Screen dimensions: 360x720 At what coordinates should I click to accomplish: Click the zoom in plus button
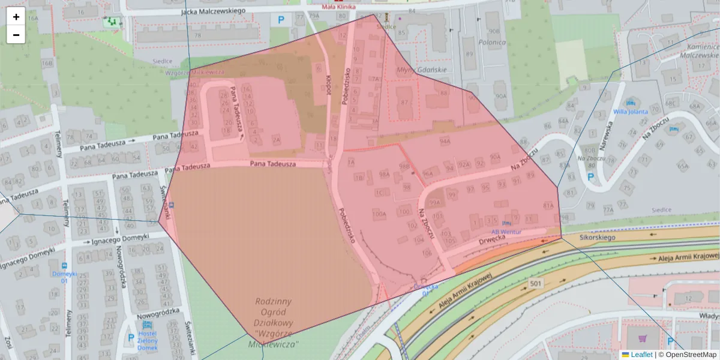click(16, 17)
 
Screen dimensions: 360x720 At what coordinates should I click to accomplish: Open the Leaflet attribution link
click(641, 355)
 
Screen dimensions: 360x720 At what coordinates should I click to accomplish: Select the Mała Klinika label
click(339, 7)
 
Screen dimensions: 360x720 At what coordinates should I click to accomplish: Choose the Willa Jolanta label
click(630, 112)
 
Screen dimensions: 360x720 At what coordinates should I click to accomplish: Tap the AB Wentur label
click(506, 232)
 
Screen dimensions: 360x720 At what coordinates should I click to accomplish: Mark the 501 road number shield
click(536, 282)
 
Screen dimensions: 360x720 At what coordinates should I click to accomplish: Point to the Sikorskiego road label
click(598, 238)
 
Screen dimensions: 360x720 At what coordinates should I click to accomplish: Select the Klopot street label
click(328, 86)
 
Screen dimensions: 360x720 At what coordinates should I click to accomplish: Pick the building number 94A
click(445, 142)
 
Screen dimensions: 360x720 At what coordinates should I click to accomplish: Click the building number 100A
click(379, 214)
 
